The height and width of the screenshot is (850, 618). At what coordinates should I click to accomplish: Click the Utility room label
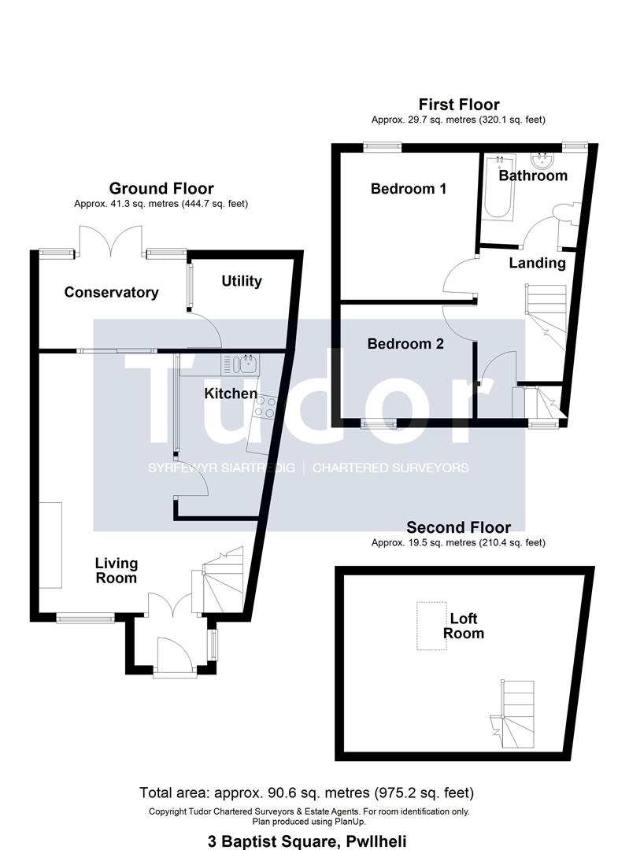point(241,281)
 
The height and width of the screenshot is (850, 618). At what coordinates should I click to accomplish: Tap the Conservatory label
point(111,293)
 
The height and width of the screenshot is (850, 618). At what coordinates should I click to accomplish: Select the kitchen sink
point(240,364)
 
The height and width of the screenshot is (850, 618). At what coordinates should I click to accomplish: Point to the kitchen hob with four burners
point(265,407)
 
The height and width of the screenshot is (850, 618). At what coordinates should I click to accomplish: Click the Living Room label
point(116,571)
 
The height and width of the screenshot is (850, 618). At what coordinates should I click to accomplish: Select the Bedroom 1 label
point(409,189)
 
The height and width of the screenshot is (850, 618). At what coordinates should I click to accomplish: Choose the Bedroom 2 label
point(405,344)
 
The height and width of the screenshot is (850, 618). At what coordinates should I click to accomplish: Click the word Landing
point(537,264)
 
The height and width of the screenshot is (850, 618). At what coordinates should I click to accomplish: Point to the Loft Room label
point(464,626)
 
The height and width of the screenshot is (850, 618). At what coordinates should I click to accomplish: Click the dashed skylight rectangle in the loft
point(431,626)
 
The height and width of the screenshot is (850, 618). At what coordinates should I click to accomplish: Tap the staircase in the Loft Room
point(513,715)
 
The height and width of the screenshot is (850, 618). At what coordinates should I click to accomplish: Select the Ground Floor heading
point(161,189)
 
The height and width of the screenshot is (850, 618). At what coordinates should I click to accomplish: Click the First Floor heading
point(459,105)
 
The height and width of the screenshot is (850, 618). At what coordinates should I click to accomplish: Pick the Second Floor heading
point(459,527)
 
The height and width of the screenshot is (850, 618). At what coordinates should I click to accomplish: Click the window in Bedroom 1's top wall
point(382,146)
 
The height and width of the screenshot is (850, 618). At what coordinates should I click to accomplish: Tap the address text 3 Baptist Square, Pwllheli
point(307,841)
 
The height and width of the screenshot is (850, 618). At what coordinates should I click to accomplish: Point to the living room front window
point(85,618)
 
